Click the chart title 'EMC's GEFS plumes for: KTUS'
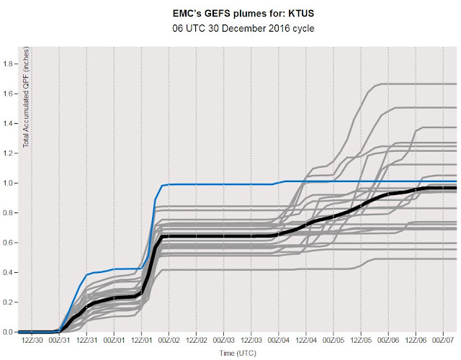click(x=243, y=14)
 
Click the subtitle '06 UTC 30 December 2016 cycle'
click(x=243, y=29)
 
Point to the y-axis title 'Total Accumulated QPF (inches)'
click(x=26, y=97)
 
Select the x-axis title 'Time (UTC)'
click(x=238, y=353)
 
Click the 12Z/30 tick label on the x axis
click(x=32, y=341)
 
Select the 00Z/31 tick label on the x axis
click(x=59, y=341)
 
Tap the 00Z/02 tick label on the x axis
click(x=169, y=341)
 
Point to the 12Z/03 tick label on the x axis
click(x=251, y=341)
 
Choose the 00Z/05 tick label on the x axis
click(x=334, y=341)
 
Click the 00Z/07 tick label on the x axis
click(x=443, y=341)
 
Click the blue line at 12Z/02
click(x=197, y=184)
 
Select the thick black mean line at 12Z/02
click(x=197, y=236)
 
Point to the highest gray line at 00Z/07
click(x=443, y=84)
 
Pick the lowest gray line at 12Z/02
click(x=197, y=270)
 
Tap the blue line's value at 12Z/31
click(x=86, y=275)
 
